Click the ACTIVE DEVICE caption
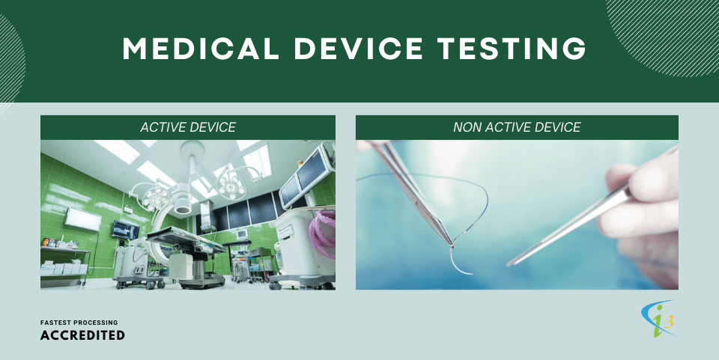coord(188,127)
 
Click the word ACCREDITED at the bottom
coord(82,335)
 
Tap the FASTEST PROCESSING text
coord(79,323)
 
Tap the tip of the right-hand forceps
coord(511,263)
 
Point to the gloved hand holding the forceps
coord(644,202)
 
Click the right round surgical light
coord(231,180)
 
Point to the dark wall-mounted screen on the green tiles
coord(124,229)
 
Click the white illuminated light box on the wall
coord(82,219)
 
